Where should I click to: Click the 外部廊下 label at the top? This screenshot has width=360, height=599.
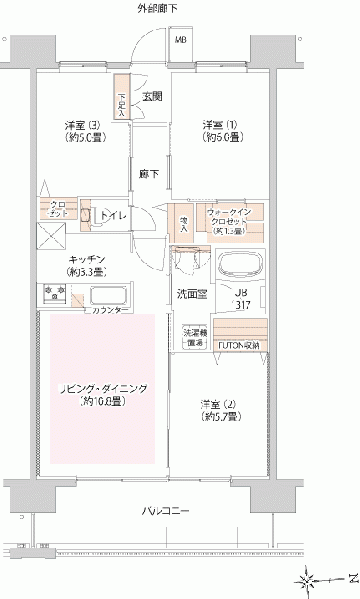coord(158,9)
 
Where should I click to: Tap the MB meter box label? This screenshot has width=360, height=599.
coord(181,39)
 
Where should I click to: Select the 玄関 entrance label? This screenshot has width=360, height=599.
coord(151,97)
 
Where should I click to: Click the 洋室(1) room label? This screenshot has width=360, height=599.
coord(213,124)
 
